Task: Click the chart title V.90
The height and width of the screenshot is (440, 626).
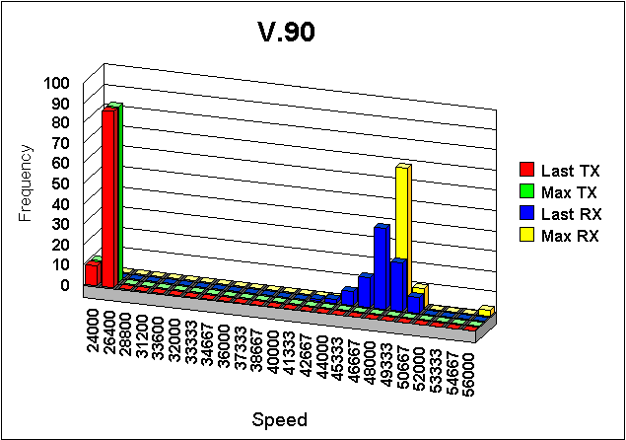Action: (287, 33)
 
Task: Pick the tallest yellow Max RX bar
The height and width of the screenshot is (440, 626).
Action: (401, 232)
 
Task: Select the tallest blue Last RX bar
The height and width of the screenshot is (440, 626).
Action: (382, 264)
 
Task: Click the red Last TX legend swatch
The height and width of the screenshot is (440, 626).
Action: (527, 171)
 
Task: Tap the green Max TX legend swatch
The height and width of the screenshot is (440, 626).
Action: (527, 192)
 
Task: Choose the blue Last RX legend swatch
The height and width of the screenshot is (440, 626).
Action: (527, 213)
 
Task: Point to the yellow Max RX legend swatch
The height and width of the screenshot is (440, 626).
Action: (527, 235)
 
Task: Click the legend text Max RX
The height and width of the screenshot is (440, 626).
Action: (576, 235)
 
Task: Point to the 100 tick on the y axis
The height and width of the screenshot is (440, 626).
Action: (58, 83)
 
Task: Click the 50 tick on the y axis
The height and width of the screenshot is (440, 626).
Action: (62, 184)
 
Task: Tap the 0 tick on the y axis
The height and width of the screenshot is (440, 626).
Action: (66, 286)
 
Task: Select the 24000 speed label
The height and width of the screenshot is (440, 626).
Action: (93, 325)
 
